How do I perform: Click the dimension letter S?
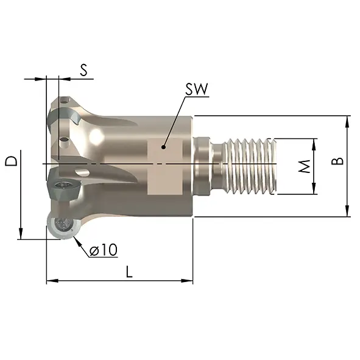[84, 70]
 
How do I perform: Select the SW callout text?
[197, 89]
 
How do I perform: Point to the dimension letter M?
[305, 166]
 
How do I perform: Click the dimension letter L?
[129, 272]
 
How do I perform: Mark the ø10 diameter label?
[104, 250]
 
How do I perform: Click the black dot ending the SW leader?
[163, 147]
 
